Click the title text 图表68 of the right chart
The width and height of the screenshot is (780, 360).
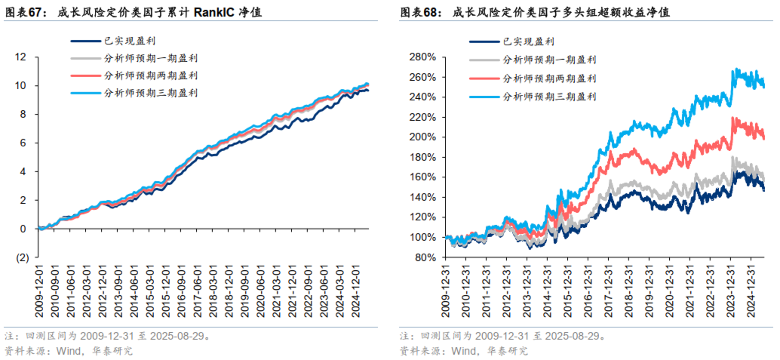tap(420, 13)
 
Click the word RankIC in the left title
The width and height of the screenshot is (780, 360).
tap(216, 13)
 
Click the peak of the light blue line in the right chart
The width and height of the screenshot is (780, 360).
tap(734, 69)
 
